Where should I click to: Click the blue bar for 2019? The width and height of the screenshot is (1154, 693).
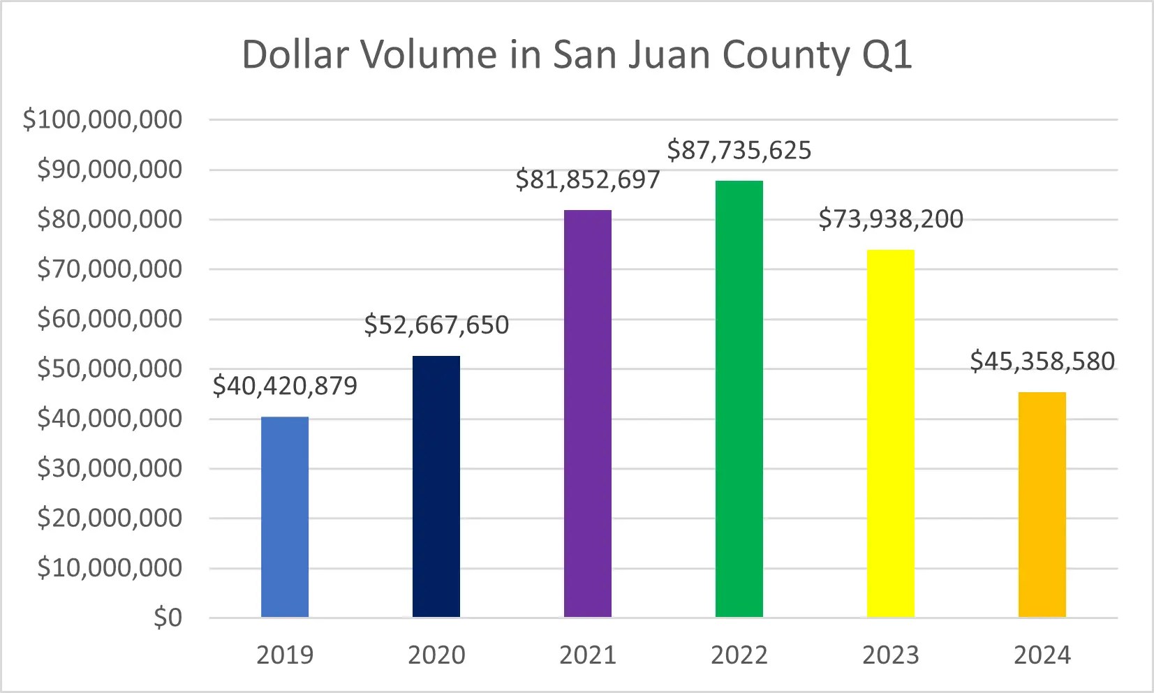[285, 516]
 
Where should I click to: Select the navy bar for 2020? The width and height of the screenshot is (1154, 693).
[436, 486]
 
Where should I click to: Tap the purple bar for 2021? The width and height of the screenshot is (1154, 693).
[588, 413]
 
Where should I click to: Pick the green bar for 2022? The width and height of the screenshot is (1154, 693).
[739, 398]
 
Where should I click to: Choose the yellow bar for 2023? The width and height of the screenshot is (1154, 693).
[891, 433]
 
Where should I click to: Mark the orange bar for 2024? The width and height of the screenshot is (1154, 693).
[1042, 505]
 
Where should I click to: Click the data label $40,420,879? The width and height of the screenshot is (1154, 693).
[285, 386]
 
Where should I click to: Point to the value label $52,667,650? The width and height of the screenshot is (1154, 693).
[436, 325]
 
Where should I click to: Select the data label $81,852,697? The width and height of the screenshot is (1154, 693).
[588, 180]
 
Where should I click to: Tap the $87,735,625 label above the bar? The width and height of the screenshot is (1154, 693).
[739, 151]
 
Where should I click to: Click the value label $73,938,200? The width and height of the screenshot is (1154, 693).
[891, 219]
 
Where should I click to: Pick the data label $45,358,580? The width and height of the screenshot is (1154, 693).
[1042, 362]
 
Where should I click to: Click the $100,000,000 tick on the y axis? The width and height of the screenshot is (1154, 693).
[103, 120]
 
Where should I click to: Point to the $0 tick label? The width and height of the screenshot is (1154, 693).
[168, 618]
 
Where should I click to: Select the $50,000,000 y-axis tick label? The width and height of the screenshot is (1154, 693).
[110, 368]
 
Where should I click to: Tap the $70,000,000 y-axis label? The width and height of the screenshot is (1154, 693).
[110, 269]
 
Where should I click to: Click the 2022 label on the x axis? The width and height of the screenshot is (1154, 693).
[739, 655]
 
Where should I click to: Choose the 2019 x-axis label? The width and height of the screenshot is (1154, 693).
[285, 655]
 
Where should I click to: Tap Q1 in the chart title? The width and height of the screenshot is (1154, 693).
[887, 54]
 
